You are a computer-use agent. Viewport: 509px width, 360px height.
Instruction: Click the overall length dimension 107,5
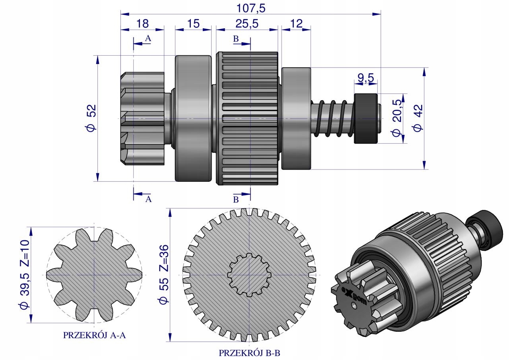coord(251,8)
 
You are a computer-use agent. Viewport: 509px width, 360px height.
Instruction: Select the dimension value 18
coord(142,23)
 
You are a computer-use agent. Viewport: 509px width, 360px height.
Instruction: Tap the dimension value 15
coord(194,23)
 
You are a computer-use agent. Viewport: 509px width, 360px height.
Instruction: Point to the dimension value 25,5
coord(247,23)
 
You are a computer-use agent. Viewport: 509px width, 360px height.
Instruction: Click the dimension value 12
coord(296,23)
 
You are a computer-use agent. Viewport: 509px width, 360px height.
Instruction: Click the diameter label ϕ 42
coord(418,118)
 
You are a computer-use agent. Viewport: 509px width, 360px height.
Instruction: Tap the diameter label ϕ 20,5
coord(397,118)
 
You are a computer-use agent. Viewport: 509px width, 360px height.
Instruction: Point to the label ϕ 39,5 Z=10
coord(25,274)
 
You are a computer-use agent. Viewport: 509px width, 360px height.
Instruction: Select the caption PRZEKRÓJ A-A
coord(94,335)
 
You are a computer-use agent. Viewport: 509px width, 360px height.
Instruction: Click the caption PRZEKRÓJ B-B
coord(249,353)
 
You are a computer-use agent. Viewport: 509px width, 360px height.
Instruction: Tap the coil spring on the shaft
coord(333,119)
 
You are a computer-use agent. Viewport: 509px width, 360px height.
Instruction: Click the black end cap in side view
coord(366,119)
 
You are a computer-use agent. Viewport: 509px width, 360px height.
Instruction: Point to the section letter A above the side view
coord(148,39)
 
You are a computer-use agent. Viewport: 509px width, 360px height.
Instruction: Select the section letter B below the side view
coord(236,200)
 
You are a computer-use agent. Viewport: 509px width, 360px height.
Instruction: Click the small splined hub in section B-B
coord(249,274)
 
